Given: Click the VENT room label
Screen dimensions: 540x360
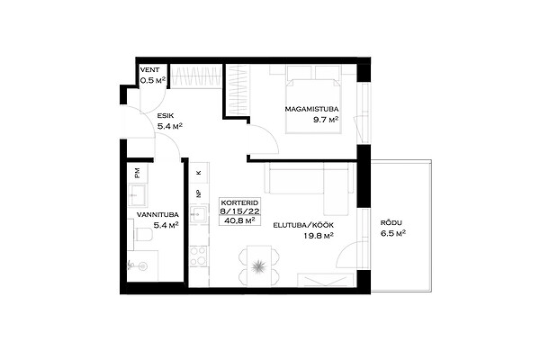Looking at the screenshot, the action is pyautogui.click(x=149, y=70).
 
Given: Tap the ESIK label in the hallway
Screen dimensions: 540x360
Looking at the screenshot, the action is pyautogui.click(x=166, y=116).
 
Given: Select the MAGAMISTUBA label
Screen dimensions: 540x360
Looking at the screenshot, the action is pyautogui.click(x=311, y=109).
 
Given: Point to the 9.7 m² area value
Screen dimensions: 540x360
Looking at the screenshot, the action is pyautogui.click(x=326, y=120).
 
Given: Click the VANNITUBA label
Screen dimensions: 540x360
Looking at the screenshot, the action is pyautogui.click(x=157, y=215).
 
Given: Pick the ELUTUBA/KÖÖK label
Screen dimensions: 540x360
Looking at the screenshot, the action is pyautogui.click(x=303, y=225).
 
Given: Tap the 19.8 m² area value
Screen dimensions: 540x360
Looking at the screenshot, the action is pyautogui.click(x=319, y=236).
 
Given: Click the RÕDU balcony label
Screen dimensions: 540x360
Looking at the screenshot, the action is pyautogui.click(x=391, y=223).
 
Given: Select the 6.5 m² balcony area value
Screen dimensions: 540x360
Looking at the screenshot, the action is pyautogui.click(x=393, y=234).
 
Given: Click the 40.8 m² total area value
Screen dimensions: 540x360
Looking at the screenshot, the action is pyautogui.click(x=239, y=220).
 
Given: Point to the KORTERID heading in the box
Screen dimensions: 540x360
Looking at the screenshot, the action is pyautogui.click(x=239, y=202).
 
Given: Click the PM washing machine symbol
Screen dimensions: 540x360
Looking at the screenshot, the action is pyautogui.click(x=138, y=173).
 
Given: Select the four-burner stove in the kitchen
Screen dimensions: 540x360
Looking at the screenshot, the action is pyautogui.click(x=199, y=256).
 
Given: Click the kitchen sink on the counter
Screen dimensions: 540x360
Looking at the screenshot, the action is pyautogui.click(x=199, y=214).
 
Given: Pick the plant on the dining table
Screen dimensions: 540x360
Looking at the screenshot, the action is pyautogui.click(x=257, y=266).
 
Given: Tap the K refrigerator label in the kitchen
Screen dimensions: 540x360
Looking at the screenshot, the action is pyautogui.click(x=198, y=173).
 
